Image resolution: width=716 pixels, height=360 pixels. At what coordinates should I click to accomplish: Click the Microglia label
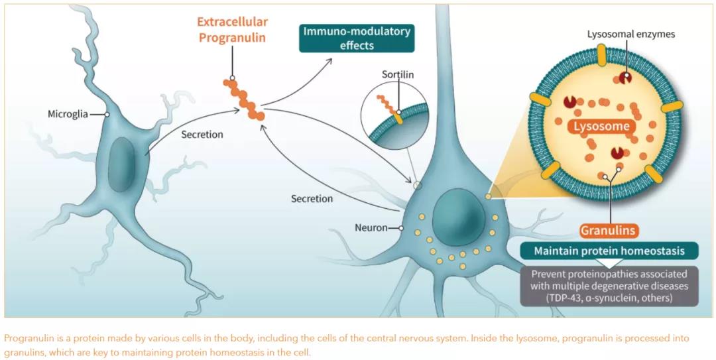point(68,114)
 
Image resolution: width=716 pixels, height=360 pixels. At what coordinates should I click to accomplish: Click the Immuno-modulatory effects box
point(357,38)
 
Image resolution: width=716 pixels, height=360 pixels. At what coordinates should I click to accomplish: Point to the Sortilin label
point(398,74)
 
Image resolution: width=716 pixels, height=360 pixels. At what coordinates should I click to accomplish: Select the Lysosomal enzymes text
point(630,33)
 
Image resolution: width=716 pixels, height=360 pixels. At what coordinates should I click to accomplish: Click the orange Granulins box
point(609,231)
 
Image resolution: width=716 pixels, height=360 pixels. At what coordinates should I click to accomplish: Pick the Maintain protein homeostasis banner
point(609,252)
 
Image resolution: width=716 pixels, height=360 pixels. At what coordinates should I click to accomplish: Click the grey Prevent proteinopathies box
point(609,286)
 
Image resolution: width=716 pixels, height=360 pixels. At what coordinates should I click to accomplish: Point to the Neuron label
point(371,228)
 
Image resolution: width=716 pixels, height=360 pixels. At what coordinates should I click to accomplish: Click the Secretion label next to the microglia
point(202,135)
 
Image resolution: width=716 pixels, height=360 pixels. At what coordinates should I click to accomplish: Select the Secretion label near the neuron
point(312,198)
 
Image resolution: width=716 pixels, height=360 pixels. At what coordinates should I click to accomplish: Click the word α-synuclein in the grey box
point(611,298)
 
